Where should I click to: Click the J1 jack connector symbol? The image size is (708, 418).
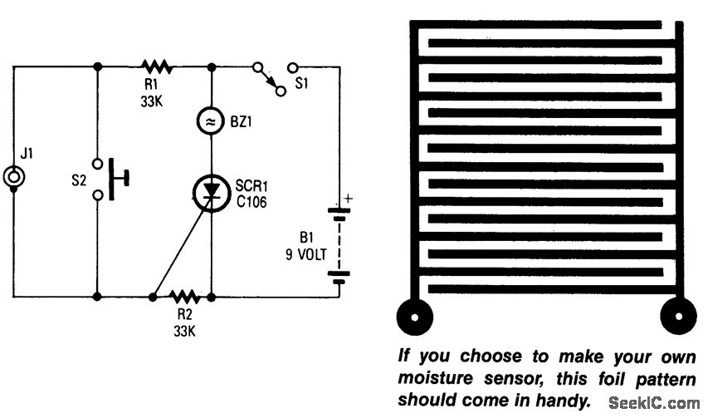point(14,177)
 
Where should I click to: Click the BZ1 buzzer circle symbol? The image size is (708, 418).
point(213,122)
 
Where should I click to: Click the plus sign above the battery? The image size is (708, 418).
point(349,197)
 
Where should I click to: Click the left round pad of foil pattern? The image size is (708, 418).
point(415,315)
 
